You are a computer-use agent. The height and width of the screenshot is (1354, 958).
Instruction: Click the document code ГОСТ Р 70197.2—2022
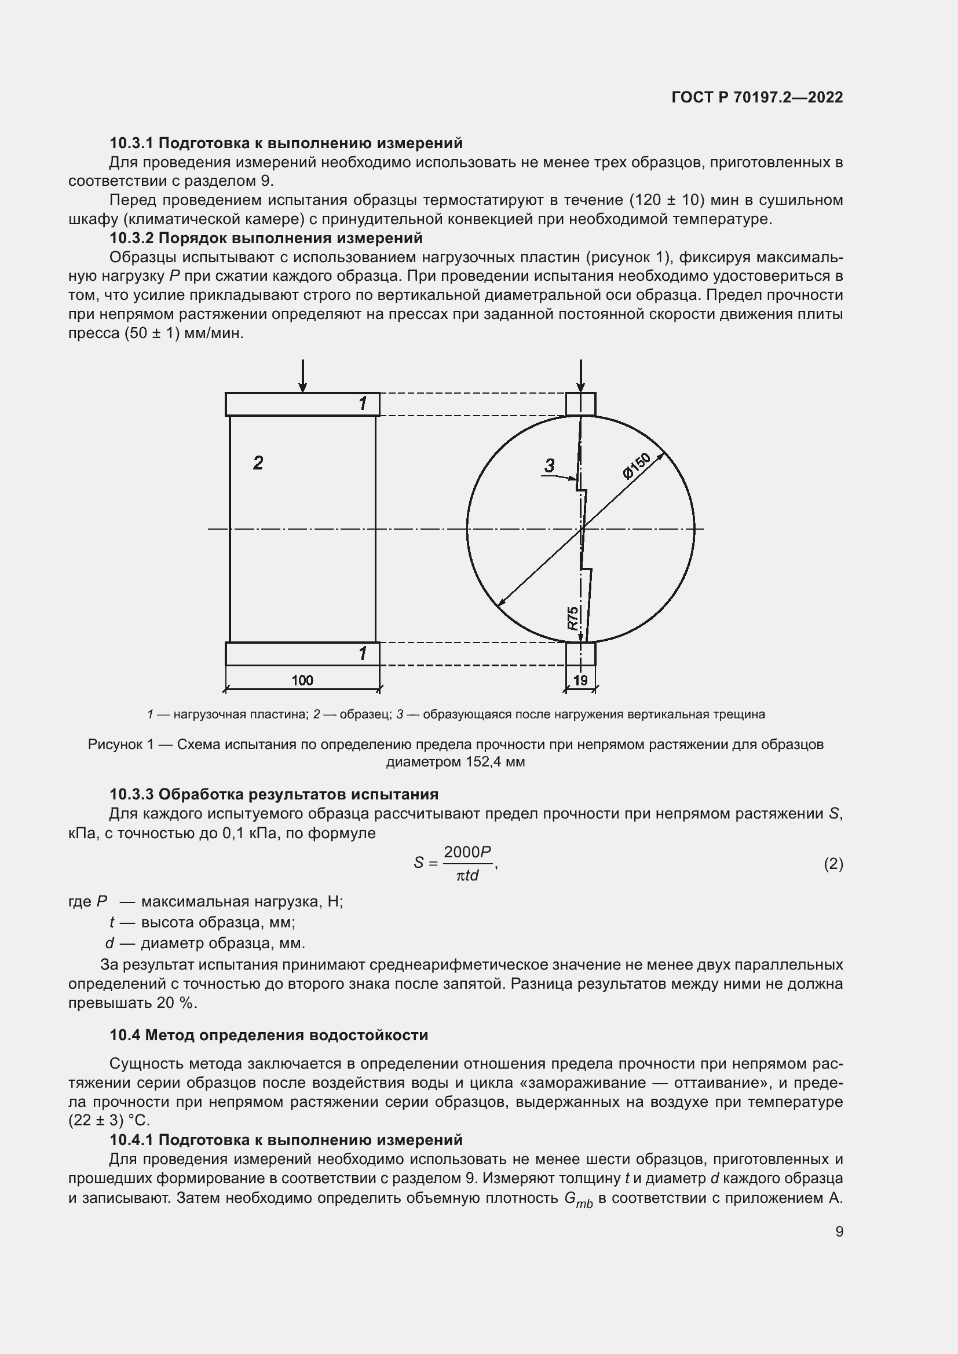point(757,97)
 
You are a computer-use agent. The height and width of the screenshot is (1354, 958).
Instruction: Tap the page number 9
point(839,1231)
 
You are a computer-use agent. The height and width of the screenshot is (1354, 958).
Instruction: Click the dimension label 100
point(302,680)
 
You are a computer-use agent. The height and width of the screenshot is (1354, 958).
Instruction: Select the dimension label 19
point(580,680)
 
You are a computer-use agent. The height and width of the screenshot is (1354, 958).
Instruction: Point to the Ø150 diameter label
point(636,465)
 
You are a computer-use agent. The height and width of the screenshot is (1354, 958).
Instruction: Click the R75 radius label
point(573,618)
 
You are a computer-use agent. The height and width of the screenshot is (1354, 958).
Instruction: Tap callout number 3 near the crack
point(549,466)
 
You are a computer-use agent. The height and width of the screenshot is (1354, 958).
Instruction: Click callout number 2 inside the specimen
point(258,463)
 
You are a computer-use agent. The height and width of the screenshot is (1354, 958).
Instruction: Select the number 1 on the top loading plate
point(363,404)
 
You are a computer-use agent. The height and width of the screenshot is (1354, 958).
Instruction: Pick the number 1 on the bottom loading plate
point(363,654)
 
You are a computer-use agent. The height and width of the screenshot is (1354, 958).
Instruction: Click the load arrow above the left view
point(302,376)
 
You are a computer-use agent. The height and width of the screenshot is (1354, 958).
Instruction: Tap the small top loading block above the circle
point(580,405)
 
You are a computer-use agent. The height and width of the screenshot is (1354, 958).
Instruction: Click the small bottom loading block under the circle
point(580,654)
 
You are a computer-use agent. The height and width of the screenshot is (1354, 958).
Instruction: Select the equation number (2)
point(833,864)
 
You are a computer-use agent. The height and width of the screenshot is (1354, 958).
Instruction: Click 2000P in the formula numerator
point(467,852)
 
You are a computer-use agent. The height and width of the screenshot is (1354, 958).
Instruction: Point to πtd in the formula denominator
point(467,876)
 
